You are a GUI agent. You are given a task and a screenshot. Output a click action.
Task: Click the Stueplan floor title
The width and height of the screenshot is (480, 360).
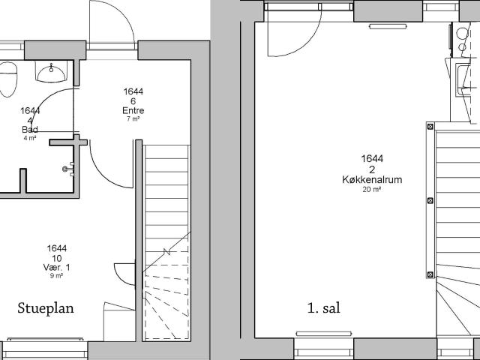[46, 308]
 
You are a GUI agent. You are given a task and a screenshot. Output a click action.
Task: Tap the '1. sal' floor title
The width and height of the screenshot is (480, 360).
[323, 308]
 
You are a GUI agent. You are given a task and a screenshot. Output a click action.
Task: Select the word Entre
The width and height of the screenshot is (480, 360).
[133, 110]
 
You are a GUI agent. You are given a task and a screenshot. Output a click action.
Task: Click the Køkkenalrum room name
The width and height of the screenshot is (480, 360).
[372, 179]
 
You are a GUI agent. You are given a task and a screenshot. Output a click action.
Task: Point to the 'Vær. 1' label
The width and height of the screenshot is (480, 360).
[57, 268]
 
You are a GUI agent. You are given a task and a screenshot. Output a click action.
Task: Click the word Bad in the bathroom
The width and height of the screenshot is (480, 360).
[30, 130]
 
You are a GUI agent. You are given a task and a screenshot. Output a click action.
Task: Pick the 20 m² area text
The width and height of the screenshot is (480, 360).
[372, 190]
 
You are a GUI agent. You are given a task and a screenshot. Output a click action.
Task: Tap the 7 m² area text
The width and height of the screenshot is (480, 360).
[133, 118]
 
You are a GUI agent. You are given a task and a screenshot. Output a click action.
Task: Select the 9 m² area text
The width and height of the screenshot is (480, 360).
[57, 276]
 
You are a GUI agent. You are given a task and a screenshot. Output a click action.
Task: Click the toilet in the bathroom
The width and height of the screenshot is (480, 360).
[7, 79]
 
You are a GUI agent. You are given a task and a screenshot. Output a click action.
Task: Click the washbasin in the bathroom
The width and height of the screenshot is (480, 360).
[51, 72]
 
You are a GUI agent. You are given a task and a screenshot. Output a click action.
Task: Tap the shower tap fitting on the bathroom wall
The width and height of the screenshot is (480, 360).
[68, 169]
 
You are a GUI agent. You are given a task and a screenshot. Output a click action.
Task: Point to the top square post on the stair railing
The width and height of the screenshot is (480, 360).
[430, 126]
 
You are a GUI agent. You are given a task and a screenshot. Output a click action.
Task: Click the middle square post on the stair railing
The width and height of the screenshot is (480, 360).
[430, 200]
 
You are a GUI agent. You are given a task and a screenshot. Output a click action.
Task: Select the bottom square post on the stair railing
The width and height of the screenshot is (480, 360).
[430, 274]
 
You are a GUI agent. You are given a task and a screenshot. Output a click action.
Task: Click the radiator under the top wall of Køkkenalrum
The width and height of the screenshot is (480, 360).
[388, 27]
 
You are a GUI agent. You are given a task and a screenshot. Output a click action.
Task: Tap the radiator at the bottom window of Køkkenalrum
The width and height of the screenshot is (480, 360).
[324, 334]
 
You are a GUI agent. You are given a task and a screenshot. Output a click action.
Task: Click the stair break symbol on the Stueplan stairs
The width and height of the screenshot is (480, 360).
[166, 252]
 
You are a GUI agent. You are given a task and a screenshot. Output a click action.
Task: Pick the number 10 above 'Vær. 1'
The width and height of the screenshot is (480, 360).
[57, 258]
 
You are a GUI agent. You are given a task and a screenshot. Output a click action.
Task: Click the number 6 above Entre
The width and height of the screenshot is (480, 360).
[133, 101]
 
